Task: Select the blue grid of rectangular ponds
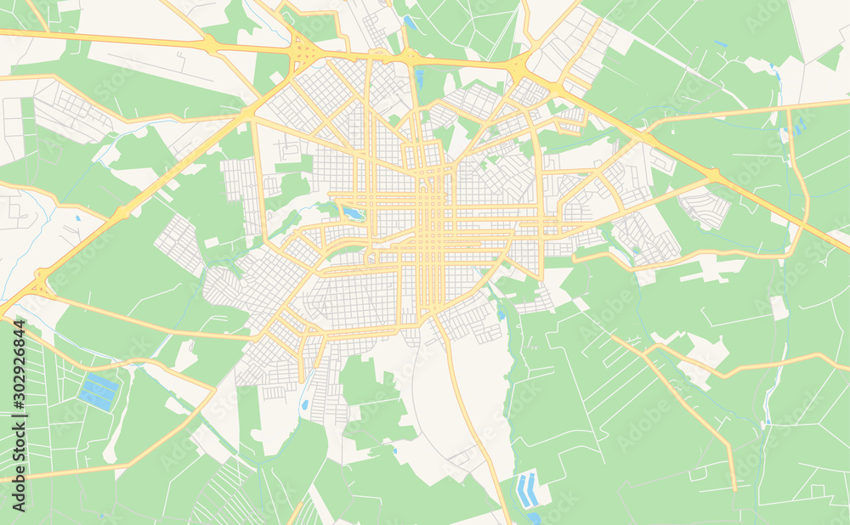99,392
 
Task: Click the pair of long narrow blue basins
527,490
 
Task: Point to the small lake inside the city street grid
353,213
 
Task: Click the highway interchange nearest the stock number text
39,283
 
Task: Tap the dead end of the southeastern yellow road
734,489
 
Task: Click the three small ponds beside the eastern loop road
798,126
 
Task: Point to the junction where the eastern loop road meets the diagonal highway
714,177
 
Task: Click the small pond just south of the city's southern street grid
304,404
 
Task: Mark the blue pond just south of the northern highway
419,79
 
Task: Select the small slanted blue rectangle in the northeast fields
721,43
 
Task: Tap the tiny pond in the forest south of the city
394,450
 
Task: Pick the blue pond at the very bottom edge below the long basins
533,517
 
